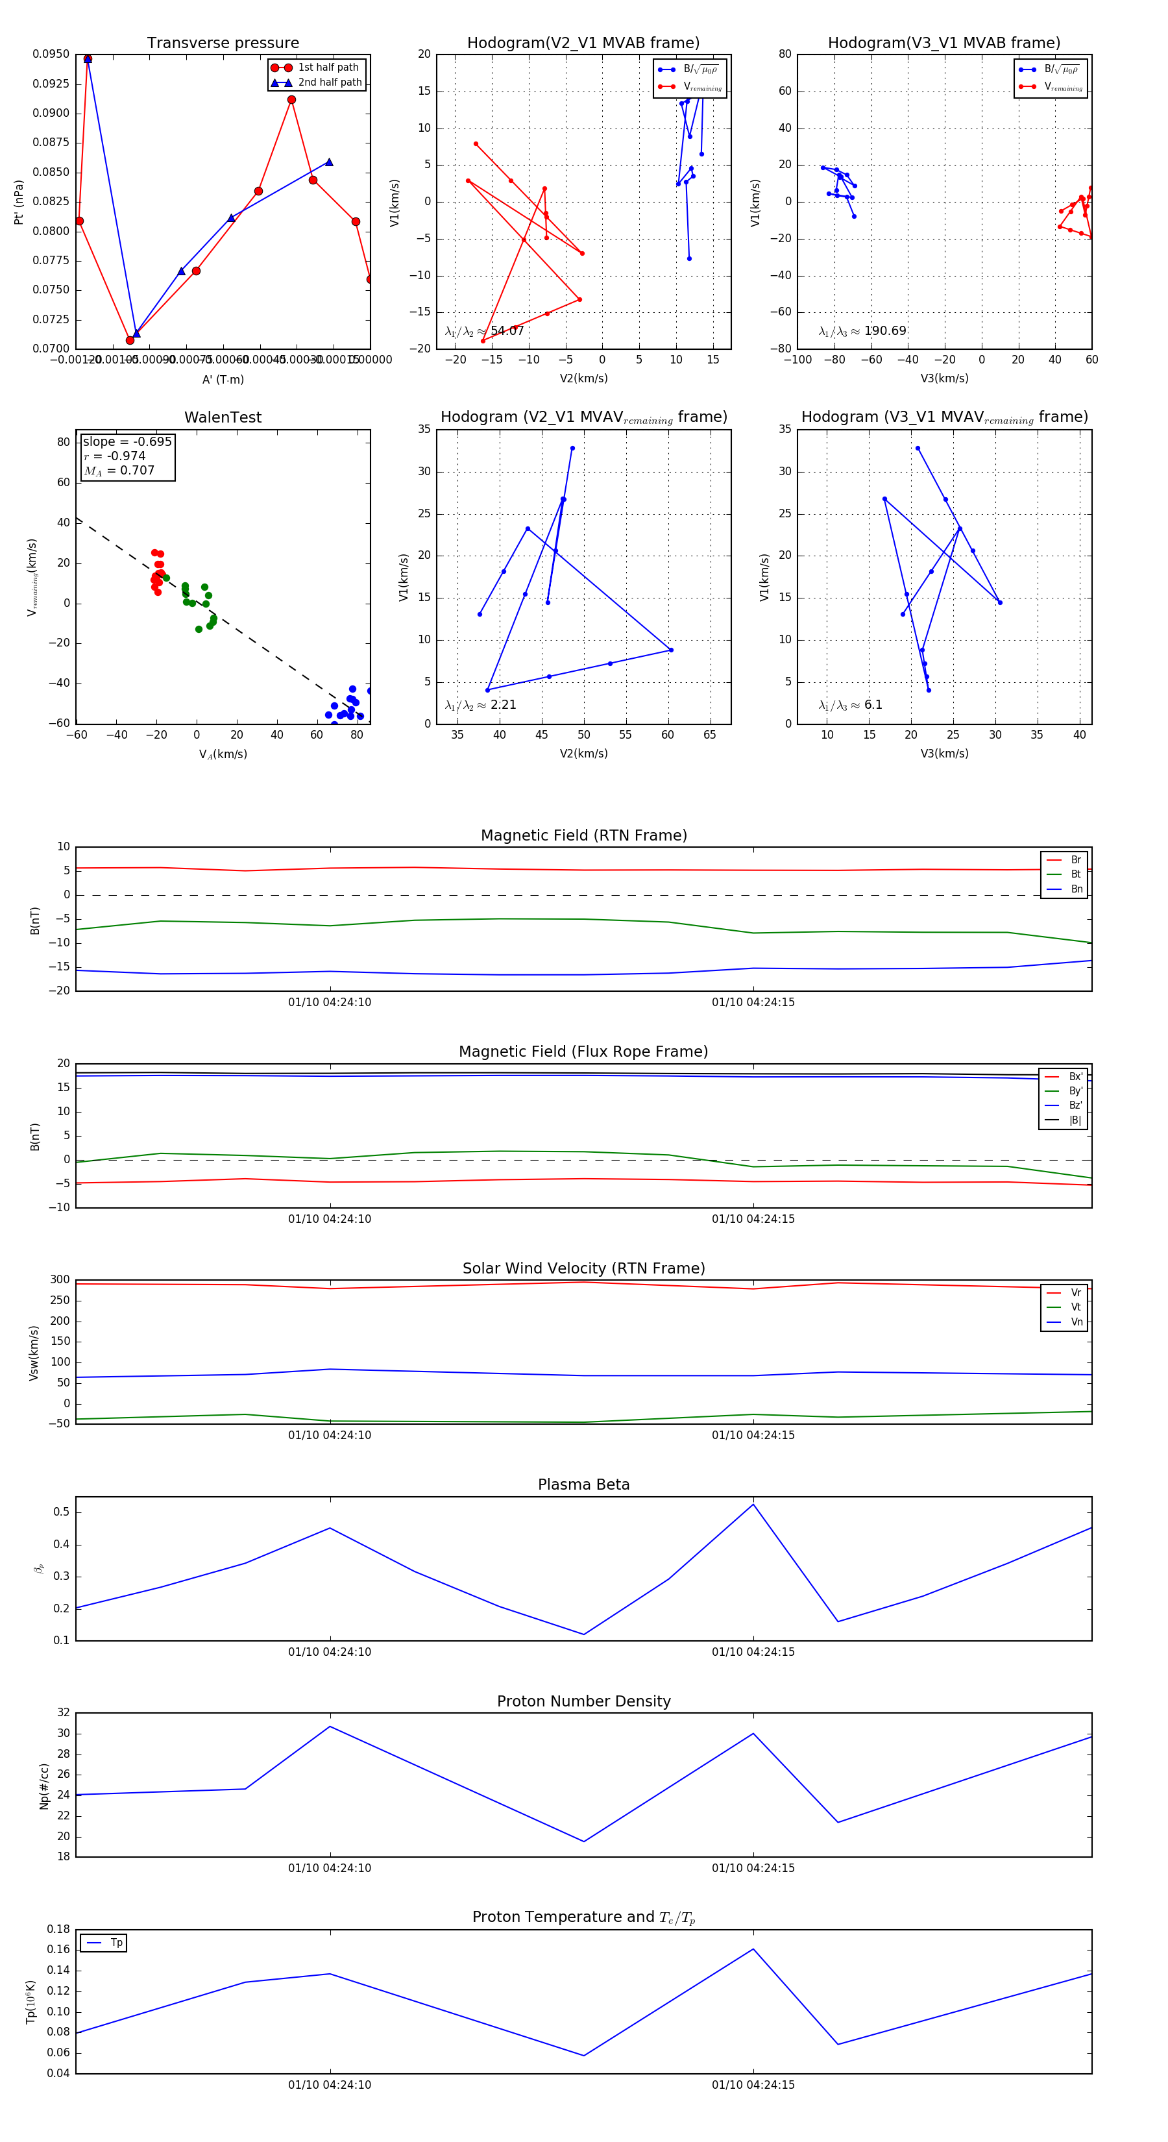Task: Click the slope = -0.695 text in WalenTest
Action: tap(127, 441)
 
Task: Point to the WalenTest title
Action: tap(223, 417)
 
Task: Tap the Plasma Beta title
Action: tap(583, 1484)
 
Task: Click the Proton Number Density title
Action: tap(583, 1701)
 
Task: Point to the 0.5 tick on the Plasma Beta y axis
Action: tap(62, 1512)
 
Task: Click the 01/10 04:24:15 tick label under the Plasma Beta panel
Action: tap(753, 1651)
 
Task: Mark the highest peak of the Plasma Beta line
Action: tap(753, 1504)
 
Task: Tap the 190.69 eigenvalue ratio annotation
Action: tap(884, 331)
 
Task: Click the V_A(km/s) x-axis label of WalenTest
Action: tap(223, 754)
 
